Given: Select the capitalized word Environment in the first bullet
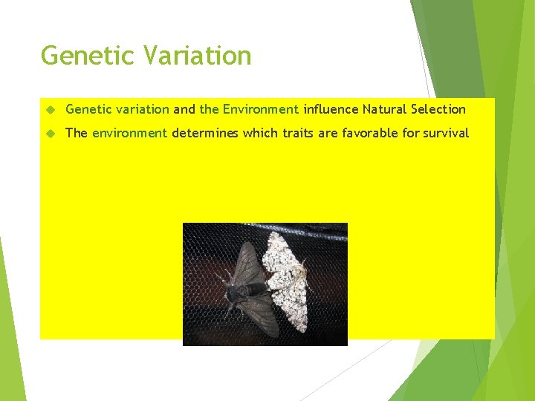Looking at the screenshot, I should (260, 109).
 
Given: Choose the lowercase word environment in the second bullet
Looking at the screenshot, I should (129, 134).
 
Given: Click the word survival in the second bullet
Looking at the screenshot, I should (446, 134).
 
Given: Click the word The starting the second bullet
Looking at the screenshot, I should (77, 134).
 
